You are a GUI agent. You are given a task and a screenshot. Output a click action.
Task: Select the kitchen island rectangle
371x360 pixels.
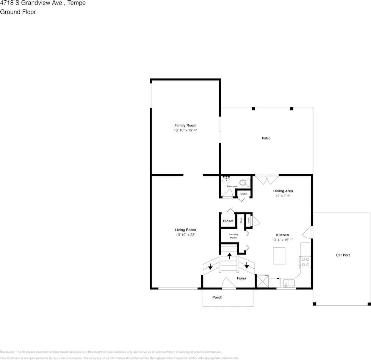pos(279,255)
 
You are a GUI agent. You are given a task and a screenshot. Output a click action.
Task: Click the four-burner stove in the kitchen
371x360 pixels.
pos(305,262)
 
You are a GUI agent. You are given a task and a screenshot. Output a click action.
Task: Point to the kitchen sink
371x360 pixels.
pos(289,283)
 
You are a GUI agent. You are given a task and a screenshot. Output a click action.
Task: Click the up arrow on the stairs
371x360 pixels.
pos(229,256)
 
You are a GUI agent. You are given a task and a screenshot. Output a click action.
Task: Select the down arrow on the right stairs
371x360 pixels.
pos(247,266)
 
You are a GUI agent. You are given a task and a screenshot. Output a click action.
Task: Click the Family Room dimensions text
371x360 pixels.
pos(185,130)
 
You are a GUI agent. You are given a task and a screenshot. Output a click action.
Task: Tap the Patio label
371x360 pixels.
pos(266,138)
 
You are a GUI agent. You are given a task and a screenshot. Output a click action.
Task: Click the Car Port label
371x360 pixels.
pos(343,255)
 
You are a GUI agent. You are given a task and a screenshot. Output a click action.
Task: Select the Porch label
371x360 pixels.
pos(217,297)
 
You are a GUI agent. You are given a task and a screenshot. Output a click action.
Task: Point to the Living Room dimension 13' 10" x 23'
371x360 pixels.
pos(185,235)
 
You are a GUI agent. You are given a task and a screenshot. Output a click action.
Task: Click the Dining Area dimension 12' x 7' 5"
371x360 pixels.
pos(284,196)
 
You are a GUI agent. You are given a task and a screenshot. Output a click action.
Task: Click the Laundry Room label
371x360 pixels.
pos(233,236)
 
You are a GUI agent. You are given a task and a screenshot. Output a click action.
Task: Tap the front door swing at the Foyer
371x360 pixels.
pos(229,284)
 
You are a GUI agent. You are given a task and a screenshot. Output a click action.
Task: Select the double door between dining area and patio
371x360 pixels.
pos(266,179)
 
